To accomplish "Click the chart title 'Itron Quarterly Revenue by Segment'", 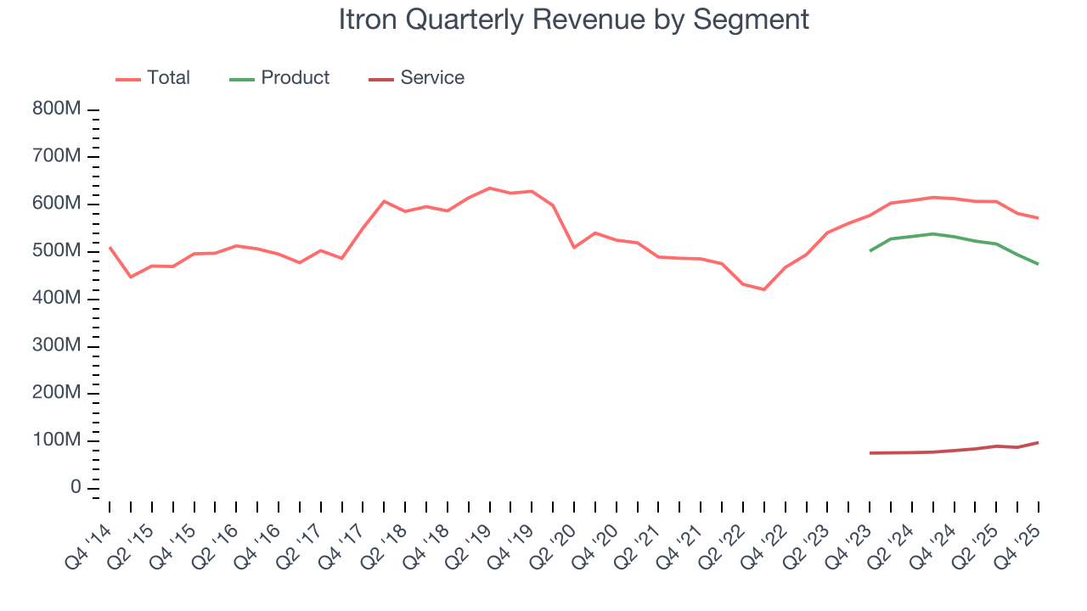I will tap(573, 20).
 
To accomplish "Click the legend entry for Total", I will tap(168, 78).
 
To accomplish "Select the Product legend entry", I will tap(295, 78).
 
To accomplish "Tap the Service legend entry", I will tap(432, 78).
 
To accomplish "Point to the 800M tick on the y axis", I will tap(58, 109).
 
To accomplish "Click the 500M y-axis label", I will tap(58, 252).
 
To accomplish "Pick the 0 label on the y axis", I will tap(76, 488).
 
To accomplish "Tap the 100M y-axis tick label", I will tap(58, 441).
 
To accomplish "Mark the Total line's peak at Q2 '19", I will tap(490, 188).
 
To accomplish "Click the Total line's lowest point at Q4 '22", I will tap(764, 289).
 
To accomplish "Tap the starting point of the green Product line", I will tap(870, 250).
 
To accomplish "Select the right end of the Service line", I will tap(1038, 442).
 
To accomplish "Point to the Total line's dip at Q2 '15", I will tap(131, 277).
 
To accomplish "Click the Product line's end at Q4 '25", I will tap(1038, 264).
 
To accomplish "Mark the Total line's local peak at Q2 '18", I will tap(384, 201).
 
